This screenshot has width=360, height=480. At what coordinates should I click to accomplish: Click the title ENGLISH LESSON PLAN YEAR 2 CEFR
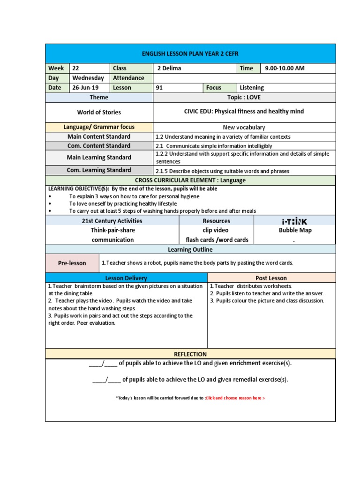[190, 54]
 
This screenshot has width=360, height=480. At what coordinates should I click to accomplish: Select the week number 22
[76, 68]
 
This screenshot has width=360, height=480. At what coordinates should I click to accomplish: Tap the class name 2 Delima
[169, 68]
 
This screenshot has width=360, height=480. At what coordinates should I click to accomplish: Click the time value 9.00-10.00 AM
[285, 68]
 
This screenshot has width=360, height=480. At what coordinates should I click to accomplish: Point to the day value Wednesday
[88, 78]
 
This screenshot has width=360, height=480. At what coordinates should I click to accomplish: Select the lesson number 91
[160, 88]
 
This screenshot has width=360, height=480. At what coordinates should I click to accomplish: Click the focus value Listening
[252, 88]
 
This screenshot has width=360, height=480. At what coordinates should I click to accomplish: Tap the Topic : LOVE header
[244, 97]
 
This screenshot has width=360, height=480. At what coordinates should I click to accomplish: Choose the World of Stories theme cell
[99, 112]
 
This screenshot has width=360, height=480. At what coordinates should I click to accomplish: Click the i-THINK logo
[294, 221]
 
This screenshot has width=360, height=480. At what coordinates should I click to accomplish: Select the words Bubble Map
[295, 231]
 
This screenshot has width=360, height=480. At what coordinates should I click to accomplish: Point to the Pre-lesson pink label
[72, 263]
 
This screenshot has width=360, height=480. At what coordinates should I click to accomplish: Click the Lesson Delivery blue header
[126, 278]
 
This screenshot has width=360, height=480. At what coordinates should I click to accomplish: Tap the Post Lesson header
[271, 278]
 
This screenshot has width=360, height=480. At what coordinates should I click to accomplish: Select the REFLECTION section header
[190, 354]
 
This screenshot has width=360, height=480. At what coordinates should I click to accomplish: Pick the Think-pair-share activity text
[112, 231]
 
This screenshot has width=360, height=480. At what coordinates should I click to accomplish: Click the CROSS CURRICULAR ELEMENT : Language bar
[190, 180]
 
